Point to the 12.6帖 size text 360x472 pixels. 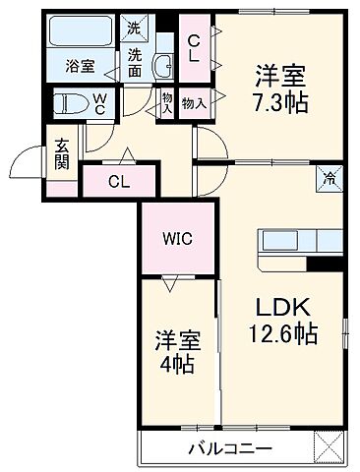click(x=280, y=334)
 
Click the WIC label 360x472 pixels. click(x=177, y=237)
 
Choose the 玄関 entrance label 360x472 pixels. click(x=33, y=157)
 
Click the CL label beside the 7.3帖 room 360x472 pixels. click(x=197, y=47)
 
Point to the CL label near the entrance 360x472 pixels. click(x=117, y=181)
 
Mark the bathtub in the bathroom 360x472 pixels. click(x=81, y=35)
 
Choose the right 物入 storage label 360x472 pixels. click(x=194, y=103)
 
